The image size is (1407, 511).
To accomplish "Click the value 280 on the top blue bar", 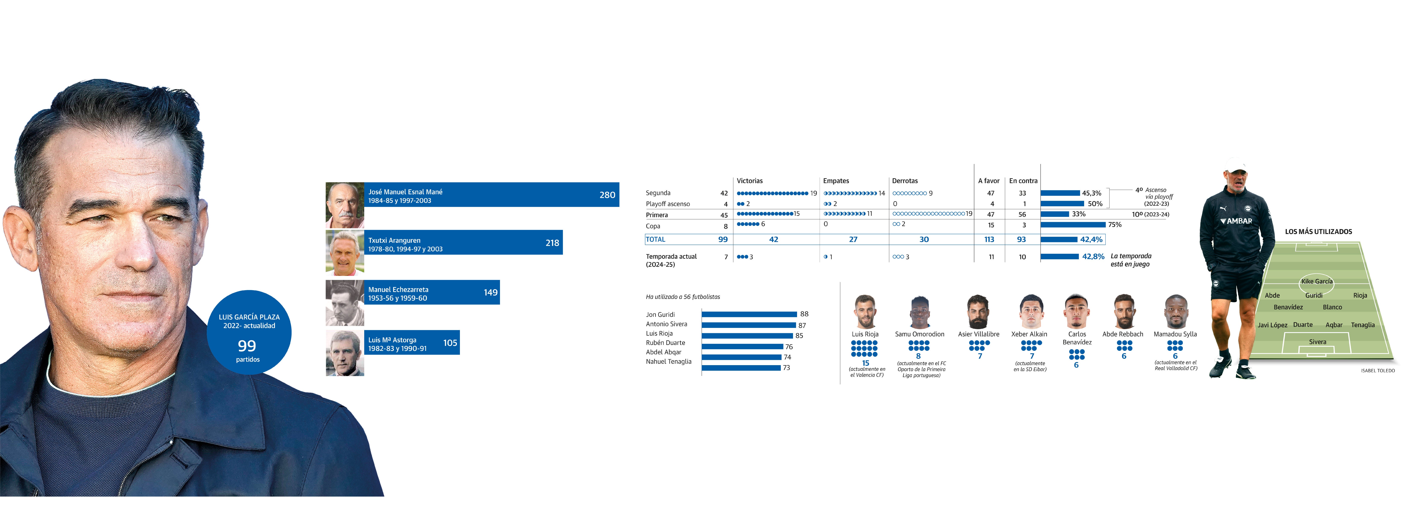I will coord(607,195).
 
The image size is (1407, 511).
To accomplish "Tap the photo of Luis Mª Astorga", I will coord(345,353).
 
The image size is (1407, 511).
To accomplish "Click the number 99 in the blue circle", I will coord(247,346).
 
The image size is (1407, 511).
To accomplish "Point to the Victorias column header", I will coord(749,181).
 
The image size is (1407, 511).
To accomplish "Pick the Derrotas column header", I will coord(904,181).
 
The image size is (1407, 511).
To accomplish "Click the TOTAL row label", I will coord(655,239).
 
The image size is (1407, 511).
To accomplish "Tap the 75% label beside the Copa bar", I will coord(1114,224).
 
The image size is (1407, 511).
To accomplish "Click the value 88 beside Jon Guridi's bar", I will coord(804,314).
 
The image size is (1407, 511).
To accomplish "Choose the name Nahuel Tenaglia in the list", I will coord(669,361).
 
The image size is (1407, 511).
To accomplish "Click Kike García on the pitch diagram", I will coord(1316,281).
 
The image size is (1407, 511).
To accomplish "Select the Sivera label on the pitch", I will coord(1317,342).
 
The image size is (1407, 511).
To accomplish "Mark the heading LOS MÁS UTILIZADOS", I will coord(1318,231).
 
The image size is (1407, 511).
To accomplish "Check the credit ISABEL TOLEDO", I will coord(1378,371).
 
